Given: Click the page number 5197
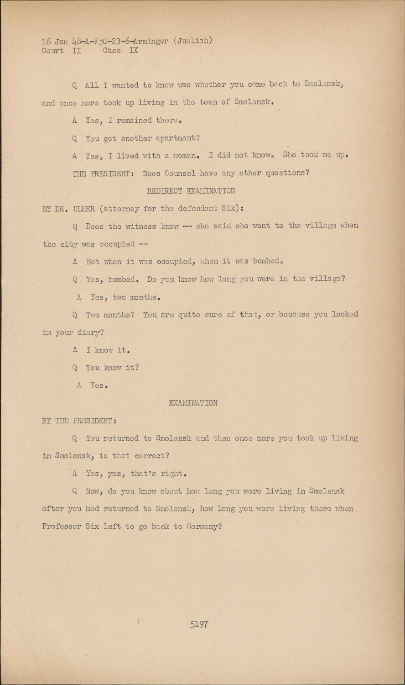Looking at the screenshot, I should [199, 624].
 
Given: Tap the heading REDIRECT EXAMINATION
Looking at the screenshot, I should [191, 191].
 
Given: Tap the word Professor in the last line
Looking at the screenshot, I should [61, 527].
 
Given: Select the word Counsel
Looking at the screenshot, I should [180, 174].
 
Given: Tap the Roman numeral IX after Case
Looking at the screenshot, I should [134, 51].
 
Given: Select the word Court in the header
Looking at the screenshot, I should [52, 51].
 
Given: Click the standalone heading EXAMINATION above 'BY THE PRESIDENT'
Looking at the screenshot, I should [193, 403].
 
